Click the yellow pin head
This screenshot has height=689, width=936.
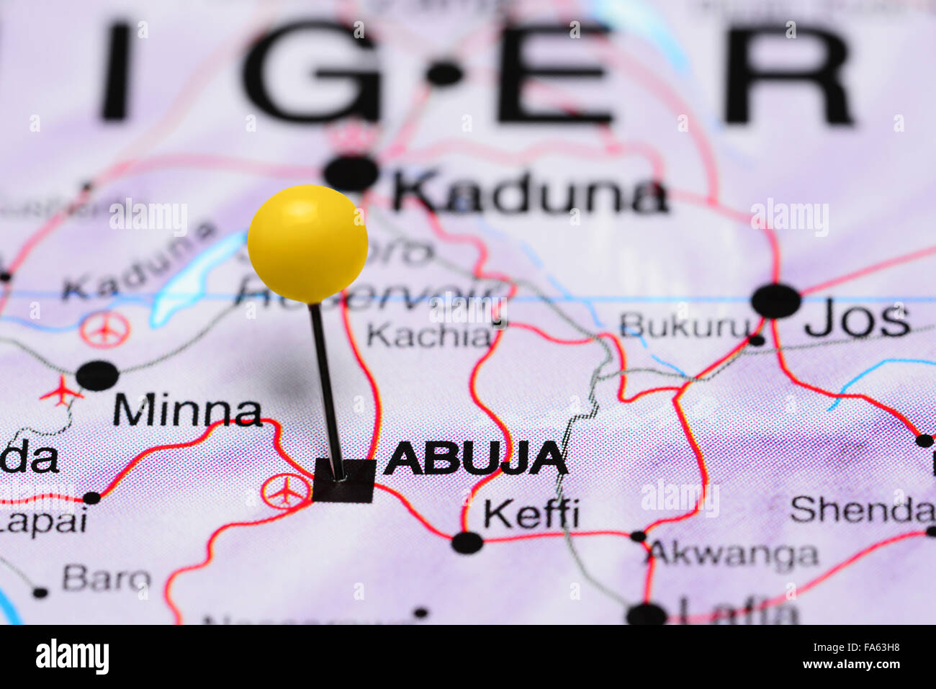307,243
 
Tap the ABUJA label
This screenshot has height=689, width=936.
475,458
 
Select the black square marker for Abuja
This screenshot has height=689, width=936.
344,480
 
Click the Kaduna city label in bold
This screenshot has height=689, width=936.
530,193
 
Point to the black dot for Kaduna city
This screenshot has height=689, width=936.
351,173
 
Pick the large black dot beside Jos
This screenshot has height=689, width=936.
775,301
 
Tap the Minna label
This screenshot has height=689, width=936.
187,411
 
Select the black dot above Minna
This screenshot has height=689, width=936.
97,375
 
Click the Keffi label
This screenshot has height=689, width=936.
531,513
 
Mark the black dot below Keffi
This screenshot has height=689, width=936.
467,542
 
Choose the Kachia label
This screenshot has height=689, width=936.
428,335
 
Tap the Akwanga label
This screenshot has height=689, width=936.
733,554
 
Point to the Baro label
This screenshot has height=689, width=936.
107,578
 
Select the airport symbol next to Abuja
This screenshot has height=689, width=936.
286,491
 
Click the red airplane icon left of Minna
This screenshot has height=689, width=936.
62,392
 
